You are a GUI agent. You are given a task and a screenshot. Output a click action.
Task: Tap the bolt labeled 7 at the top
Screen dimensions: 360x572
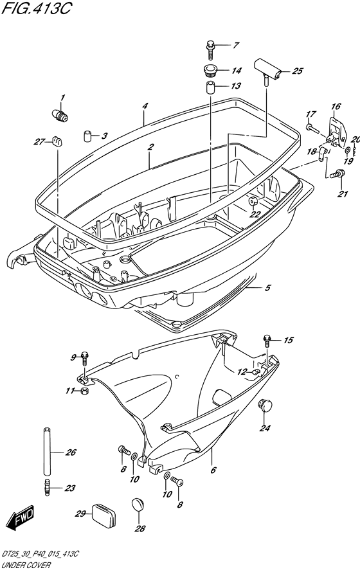click(210, 50)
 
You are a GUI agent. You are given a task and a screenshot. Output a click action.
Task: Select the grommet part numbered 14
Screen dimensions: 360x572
click(210, 71)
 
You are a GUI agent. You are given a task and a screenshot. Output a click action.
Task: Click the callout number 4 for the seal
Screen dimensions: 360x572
click(145, 106)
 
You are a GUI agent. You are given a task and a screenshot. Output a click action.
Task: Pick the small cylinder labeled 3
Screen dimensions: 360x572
click(87, 136)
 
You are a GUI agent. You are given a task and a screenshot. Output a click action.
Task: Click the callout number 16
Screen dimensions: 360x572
click(336, 106)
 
